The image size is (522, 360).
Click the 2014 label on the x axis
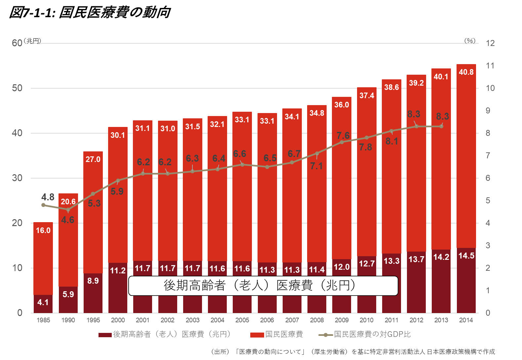466,320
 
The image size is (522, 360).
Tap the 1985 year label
43,320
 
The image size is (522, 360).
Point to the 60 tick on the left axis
17,43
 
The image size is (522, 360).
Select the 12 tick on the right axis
490,43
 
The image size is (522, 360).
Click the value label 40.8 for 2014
466,72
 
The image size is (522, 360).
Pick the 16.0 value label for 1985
43,230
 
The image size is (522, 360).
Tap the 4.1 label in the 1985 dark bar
43,302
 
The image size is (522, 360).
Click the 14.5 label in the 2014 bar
466,256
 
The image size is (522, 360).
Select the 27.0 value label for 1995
93,159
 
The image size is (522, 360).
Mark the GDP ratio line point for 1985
43,205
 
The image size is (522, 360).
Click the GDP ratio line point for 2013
441,126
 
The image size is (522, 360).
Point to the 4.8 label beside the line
48,197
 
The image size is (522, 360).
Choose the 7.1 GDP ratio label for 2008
316,166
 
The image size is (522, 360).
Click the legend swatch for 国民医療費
257,335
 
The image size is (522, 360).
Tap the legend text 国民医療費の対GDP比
372,334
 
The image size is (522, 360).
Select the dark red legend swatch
105,335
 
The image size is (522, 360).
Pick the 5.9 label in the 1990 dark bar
68,294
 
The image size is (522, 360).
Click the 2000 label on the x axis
118,320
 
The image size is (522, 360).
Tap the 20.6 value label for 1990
68,202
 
